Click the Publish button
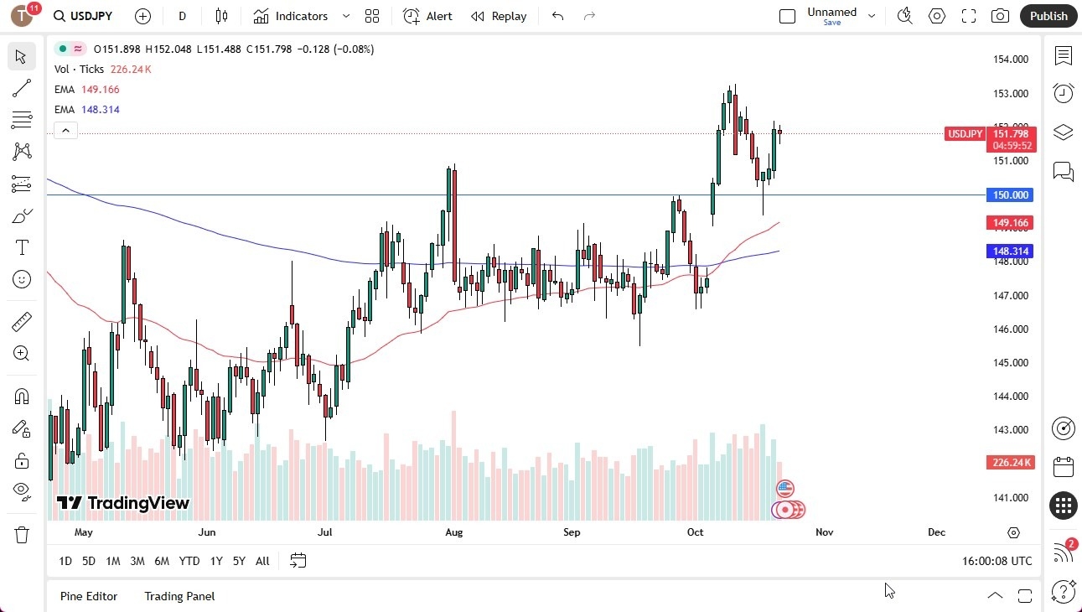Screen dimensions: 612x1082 (x=1048, y=16)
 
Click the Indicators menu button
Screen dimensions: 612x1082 (x=301, y=16)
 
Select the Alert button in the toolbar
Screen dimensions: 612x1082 (x=427, y=16)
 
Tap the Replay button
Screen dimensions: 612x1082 (x=499, y=16)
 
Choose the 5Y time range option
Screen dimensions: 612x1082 (x=239, y=561)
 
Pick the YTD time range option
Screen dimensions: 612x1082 (x=189, y=561)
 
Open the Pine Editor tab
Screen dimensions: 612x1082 (x=89, y=596)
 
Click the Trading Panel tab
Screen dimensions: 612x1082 (x=179, y=596)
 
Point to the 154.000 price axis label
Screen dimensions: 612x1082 (x=1011, y=60)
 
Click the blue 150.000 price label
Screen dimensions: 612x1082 (x=1011, y=195)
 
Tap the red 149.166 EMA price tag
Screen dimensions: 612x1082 (x=1011, y=223)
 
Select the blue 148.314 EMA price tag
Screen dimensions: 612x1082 (x=1011, y=252)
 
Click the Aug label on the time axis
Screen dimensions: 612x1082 (x=453, y=532)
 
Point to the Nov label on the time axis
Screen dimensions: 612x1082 (x=824, y=532)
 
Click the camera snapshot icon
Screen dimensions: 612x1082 (x=1000, y=16)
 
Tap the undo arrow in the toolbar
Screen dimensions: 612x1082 (x=558, y=16)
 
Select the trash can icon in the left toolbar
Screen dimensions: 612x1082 (x=22, y=535)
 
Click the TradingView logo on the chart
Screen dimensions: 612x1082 (x=123, y=503)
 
